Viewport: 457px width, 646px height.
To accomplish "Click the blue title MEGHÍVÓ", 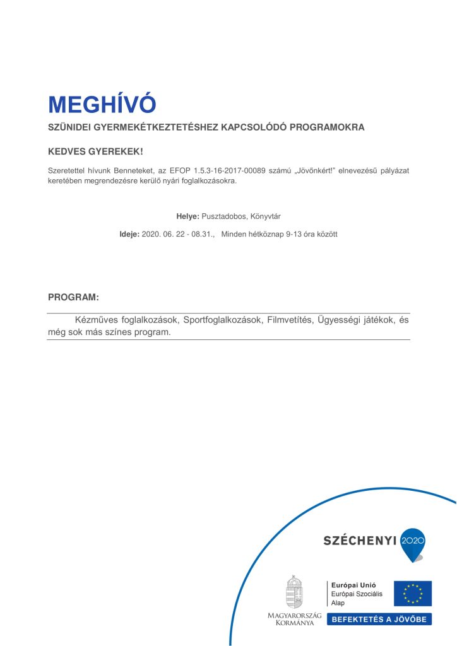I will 102,104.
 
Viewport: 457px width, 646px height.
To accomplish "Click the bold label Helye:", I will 187,216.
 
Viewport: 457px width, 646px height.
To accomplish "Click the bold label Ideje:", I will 129,234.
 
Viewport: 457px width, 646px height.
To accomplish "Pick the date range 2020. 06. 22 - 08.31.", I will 178,234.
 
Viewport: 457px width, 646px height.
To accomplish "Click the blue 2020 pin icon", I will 413,543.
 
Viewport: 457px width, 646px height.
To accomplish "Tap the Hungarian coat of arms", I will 294,592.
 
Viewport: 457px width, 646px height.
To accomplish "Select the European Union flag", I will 413,594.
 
